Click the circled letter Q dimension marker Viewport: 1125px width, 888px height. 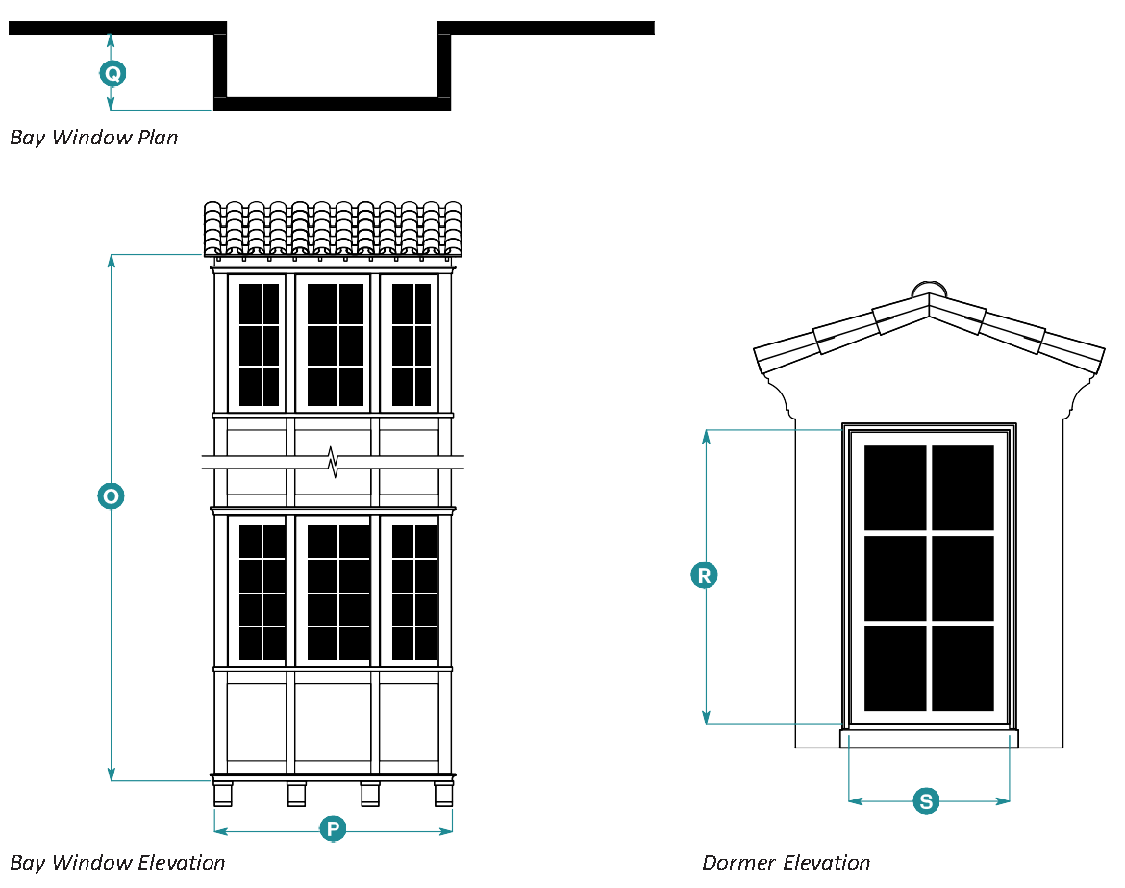point(112,73)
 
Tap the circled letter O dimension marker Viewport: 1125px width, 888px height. point(112,496)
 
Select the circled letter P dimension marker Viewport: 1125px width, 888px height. point(333,829)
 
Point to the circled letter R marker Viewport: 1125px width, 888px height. point(705,575)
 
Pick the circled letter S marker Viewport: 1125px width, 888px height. point(926,800)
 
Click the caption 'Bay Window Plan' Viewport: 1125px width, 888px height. point(94,138)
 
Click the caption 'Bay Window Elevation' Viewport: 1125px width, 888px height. point(117,863)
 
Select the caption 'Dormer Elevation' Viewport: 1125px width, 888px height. point(786,863)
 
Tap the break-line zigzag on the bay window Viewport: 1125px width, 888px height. point(333,462)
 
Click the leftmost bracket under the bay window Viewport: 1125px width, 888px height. point(223,794)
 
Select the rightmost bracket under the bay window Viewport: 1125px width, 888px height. point(443,794)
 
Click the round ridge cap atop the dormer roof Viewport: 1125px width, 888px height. point(929,288)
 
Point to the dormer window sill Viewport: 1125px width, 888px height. point(929,739)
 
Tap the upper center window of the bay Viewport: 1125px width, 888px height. point(333,343)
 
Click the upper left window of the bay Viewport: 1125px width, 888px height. point(259,343)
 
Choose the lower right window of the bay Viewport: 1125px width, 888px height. point(411,591)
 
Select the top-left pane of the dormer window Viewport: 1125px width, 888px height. point(895,487)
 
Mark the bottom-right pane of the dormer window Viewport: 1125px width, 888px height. point(962,668)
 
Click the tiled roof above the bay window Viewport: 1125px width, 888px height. point(333,229)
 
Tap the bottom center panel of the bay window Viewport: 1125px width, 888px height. point(333,722)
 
